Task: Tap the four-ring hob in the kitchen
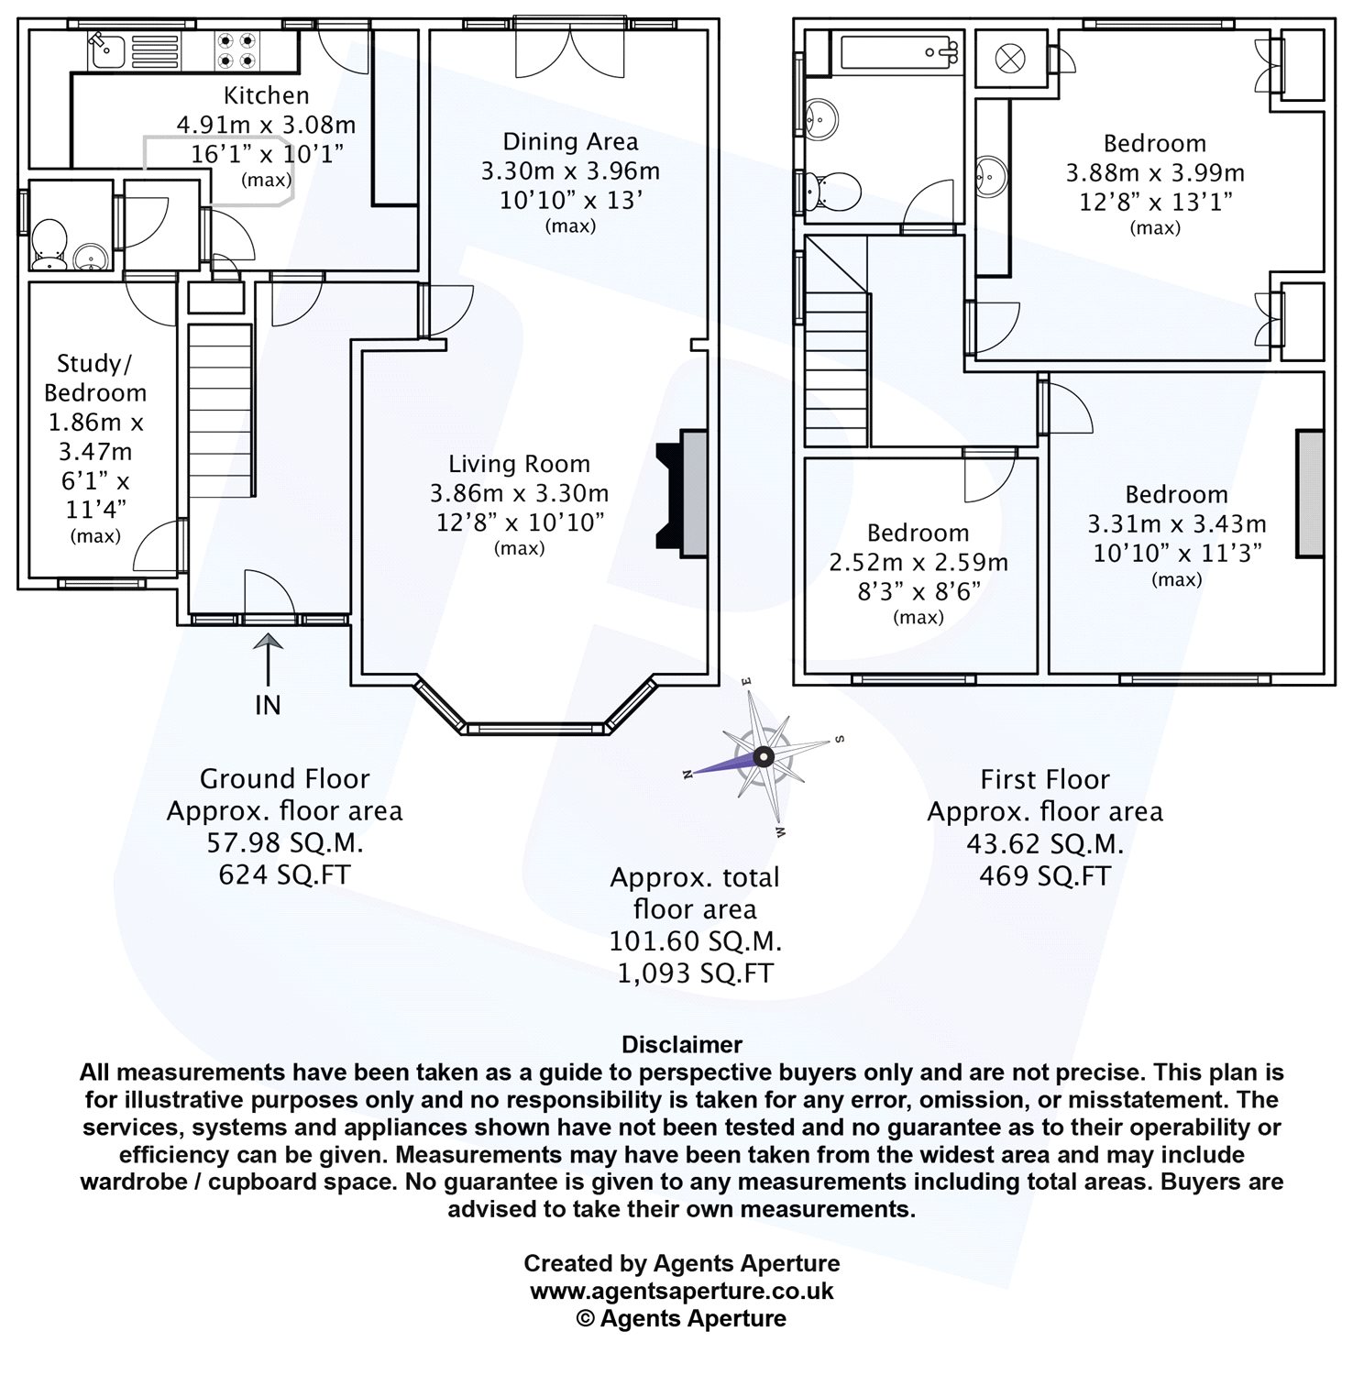[x=236, y=51]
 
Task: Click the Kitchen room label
[x=267, y=95]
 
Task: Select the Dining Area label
[x=570, y=141]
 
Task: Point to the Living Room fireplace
[x=682, y=494]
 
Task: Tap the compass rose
[x=764, y=756]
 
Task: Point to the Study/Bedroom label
[x=95, y=378]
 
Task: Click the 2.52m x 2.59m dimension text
[x=918, y=562]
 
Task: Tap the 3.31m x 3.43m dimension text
[x=1176, y=523]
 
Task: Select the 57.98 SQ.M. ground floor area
[x=284, y=842]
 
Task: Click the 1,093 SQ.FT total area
[x=695, y=973]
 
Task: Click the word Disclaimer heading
[x=682, y=1044]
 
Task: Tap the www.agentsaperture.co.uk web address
[x=682, y=1291]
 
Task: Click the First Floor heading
[x=1045, y=779]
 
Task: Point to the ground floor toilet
[x=49, y=246]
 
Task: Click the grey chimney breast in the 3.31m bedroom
[x=1310, y=493]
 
